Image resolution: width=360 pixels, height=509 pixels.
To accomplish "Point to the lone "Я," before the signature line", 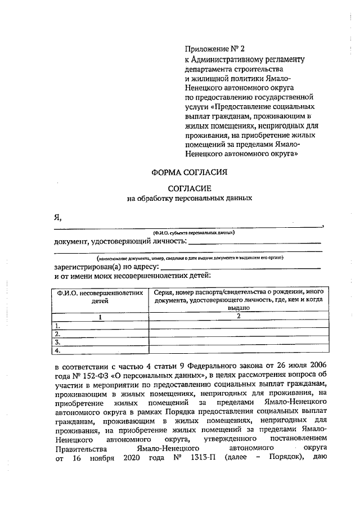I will pyautogui.click(x=57, y=217).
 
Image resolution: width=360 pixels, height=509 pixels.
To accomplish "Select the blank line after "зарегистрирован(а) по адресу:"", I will pyautogui.click(x=241, y=267).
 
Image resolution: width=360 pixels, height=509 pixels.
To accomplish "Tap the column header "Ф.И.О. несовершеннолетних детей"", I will pyautogui.click(x=99, y=296).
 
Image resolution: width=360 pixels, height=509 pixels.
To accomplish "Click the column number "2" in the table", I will pyautogui.click(x=238, y=317).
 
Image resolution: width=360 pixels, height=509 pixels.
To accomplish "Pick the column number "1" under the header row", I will pyautogui.click(x=100, y=317).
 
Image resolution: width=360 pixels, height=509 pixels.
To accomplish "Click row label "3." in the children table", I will pyautogui.click(x=57, y=342).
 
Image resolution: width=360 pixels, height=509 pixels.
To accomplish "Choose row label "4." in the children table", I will pyautogui.click(x=57, y=351).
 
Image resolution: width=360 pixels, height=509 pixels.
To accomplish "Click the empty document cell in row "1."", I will pyautogui.click(x=238, y=325).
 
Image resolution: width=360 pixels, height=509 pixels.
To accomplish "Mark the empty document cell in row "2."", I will pyautogui.click(x=238, y=334).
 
